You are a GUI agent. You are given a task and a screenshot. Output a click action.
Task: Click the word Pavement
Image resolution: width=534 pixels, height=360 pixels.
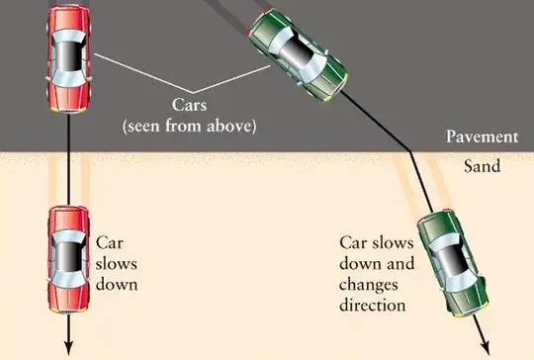(482, 136)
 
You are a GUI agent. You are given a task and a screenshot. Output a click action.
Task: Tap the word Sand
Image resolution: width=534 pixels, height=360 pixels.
(482, 166)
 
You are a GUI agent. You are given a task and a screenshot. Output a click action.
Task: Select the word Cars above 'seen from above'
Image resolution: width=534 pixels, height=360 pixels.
(189, 105)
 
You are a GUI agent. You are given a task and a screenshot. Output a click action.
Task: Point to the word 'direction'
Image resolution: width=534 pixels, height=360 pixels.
(373, 305)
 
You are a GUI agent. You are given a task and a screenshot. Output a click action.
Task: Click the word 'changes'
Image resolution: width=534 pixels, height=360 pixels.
(369, 285)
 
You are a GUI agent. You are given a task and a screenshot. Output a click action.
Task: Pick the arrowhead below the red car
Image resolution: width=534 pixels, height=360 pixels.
(69, 349)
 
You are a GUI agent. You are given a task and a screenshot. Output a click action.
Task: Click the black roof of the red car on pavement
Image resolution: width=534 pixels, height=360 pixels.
(69, 56)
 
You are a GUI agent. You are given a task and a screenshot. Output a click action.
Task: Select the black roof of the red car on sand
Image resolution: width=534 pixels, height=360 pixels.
(69, 258)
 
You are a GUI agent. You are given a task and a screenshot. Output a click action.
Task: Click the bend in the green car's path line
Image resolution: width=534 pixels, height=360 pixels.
(410, 152)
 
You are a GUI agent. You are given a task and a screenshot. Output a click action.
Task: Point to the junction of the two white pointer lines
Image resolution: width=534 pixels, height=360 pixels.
(193, 93)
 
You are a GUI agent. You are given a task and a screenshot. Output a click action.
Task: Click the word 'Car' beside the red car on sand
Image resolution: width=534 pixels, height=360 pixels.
(109, 243)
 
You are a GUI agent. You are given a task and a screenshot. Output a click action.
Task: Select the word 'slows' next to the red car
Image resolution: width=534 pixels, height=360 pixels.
(116, 264)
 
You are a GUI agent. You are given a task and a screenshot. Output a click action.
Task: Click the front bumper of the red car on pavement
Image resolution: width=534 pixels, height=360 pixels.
(69, 110)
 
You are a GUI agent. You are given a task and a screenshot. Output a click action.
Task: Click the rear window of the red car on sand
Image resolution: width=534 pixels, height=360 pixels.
(69, 236)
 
